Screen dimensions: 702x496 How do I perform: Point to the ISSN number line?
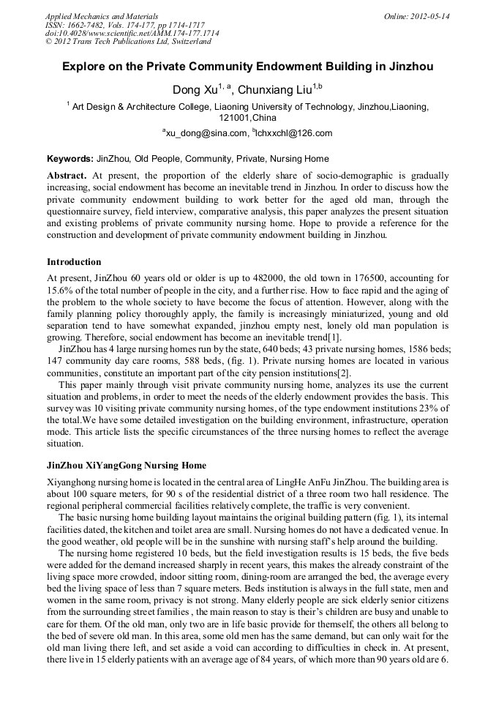point(125,25)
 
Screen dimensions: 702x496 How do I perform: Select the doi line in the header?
point(132,33)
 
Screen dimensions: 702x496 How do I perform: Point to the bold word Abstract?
point(67,176)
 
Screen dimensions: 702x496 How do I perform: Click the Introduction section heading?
point(74,261)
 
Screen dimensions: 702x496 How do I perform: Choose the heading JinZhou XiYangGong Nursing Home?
point(127,466)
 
